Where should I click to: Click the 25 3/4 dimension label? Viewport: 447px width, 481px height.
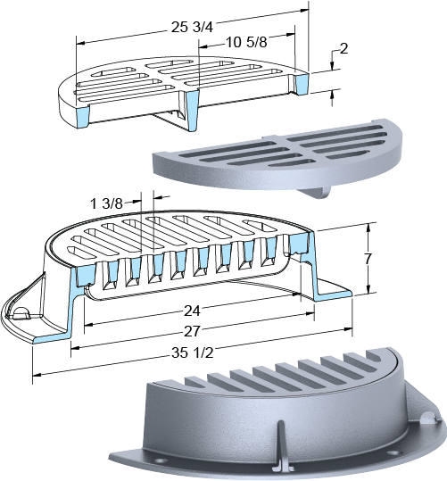point(192,28)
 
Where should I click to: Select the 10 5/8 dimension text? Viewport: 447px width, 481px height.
point(246,42)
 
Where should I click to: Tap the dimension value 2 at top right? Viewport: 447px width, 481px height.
point(344,48)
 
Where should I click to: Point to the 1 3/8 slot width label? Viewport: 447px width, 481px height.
point(106,203)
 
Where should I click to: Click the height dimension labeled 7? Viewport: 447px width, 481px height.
point(368,259)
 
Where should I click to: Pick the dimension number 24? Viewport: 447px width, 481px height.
point(192,311)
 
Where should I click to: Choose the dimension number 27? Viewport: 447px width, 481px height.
point(192,331)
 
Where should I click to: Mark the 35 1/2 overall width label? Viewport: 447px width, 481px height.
point(192,352)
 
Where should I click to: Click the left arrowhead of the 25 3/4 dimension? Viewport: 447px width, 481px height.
point(80,43)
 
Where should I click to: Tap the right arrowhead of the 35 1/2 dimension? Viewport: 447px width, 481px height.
point(348,329)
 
